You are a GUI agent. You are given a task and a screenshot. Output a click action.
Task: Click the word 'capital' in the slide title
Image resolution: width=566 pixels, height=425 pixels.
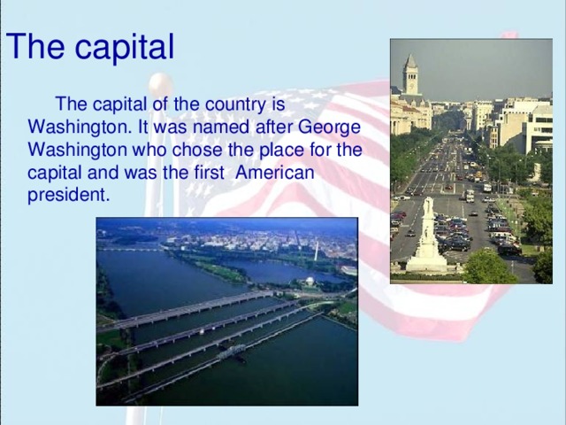124,47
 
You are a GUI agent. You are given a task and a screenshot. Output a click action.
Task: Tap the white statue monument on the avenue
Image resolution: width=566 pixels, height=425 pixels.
428,237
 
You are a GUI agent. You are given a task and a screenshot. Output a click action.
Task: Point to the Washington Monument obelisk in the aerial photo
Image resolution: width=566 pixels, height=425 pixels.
316,250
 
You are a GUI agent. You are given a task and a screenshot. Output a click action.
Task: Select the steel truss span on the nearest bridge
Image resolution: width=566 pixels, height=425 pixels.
231,353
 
